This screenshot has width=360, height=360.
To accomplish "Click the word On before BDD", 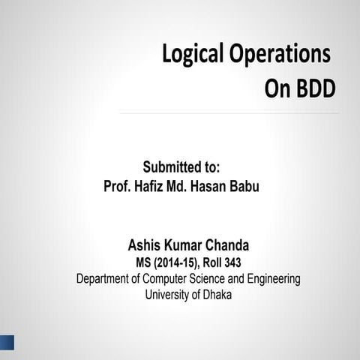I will point(277,88).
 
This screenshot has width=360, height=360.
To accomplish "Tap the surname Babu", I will point(243,186).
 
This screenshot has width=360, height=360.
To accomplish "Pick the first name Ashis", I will point(145,245).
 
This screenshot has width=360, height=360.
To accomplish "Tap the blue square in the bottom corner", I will point(7,343).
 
